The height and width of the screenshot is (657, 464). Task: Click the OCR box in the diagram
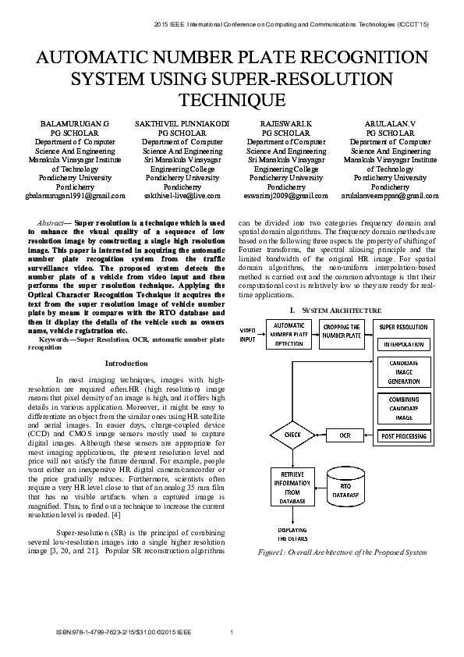345,434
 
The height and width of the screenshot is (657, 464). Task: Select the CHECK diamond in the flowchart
292,434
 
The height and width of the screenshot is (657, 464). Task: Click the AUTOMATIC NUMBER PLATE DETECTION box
289,334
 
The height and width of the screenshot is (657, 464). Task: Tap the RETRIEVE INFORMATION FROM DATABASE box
291,487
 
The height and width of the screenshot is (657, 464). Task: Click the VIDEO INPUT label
248,335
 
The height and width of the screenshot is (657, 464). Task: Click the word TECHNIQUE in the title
232,100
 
